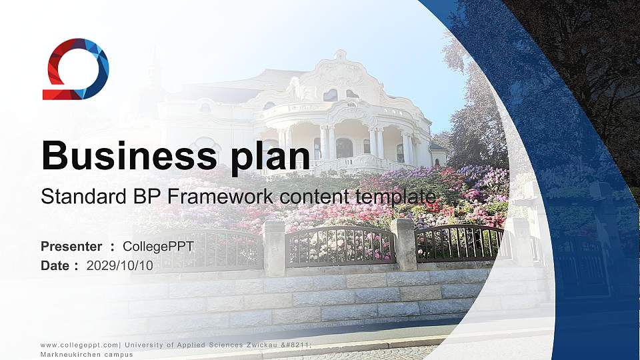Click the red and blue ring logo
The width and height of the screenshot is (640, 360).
point(75,69)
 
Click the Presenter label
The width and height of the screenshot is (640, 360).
point(71,247)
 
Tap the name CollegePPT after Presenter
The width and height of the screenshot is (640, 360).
point(158,247)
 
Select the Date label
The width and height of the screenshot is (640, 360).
point(55,265)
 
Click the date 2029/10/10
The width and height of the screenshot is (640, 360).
point(120,265)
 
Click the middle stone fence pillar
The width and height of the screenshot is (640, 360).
point(403,244)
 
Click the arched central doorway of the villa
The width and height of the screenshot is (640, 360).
point(344,147)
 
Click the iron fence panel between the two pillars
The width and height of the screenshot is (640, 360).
point(339,245)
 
